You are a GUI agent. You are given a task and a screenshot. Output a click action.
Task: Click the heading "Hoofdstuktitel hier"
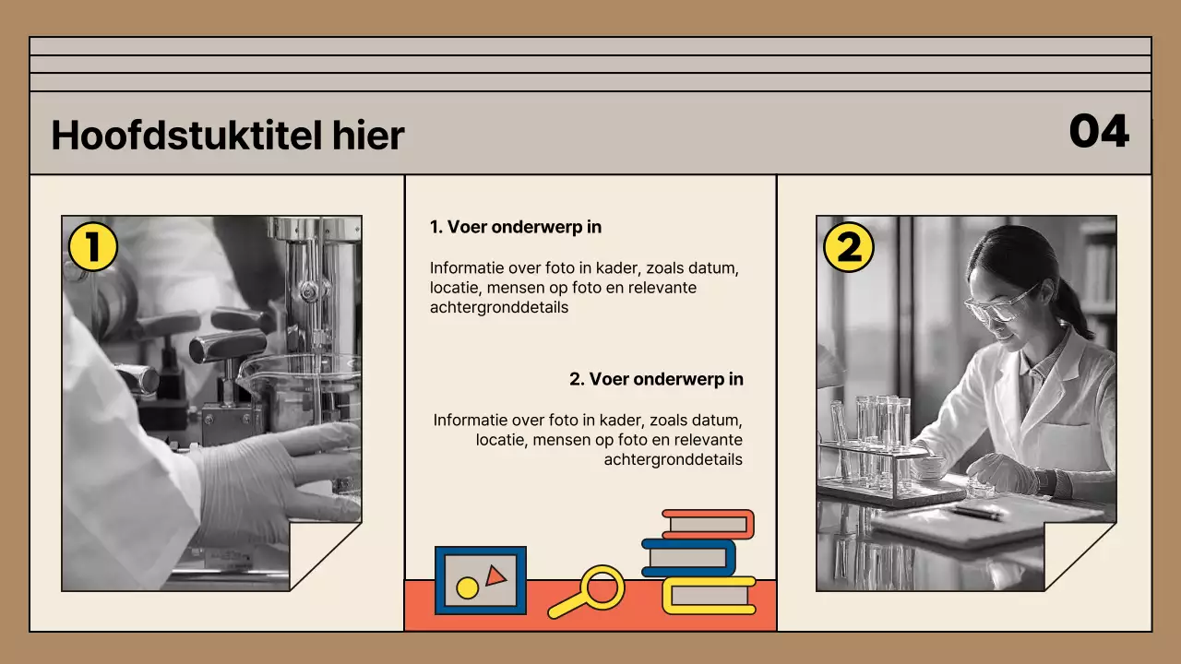(x=227, y=136)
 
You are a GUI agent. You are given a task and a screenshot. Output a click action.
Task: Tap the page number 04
(x=1098, y=132)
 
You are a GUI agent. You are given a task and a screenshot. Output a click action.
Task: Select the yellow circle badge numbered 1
(x=92, y=247)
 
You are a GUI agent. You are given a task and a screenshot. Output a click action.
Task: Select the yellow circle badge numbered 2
(x=848, y=247)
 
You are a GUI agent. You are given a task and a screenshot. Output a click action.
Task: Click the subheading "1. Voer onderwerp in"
(x=516, y=227)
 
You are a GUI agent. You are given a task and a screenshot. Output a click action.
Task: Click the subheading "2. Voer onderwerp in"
(x=656, y=379)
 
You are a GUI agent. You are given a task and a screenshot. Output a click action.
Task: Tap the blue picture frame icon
(x=480, y=580)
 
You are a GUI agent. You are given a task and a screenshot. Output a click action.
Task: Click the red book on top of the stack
(x=708, y=524)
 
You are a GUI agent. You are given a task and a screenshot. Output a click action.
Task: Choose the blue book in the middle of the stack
(x=689, y=557)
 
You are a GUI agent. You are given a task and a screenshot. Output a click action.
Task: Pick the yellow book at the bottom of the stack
(x=709, y=595)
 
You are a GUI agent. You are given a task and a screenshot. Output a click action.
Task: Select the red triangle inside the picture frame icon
(x=495, y=575)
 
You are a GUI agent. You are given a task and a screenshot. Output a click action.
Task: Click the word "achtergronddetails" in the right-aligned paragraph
(x=673, y=459)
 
